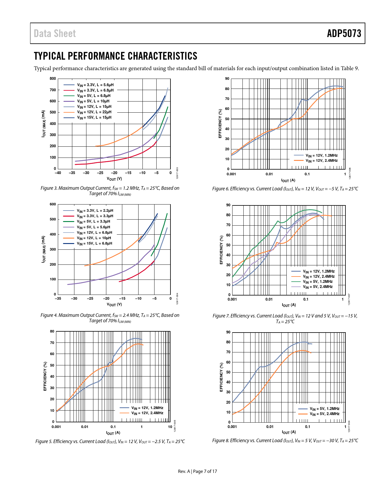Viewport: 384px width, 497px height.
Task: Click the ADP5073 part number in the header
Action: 344,33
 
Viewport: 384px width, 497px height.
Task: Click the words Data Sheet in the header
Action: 55,33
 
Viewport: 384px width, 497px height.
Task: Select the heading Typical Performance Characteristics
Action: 116,56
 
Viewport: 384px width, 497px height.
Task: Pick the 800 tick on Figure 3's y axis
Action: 53,79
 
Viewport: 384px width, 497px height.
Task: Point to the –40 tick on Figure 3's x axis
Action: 58,173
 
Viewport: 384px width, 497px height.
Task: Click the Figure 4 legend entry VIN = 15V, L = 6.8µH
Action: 94,243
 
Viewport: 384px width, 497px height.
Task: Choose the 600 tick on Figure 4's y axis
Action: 53,204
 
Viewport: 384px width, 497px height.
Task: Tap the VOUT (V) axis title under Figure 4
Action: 114,305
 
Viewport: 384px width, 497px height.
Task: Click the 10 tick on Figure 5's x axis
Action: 170,427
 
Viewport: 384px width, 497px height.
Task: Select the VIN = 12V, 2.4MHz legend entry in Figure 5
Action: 147,413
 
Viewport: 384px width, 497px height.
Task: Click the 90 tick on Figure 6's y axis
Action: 227,79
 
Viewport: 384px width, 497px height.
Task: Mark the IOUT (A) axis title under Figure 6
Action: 288,180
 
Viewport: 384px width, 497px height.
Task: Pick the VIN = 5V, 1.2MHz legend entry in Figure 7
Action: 317,282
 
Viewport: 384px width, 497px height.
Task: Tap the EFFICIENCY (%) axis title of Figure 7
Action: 221,250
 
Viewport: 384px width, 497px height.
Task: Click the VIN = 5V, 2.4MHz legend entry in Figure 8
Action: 324,414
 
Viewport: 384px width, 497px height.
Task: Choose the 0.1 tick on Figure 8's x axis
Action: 308,427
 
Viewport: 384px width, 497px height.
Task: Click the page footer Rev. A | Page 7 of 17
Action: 197,471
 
